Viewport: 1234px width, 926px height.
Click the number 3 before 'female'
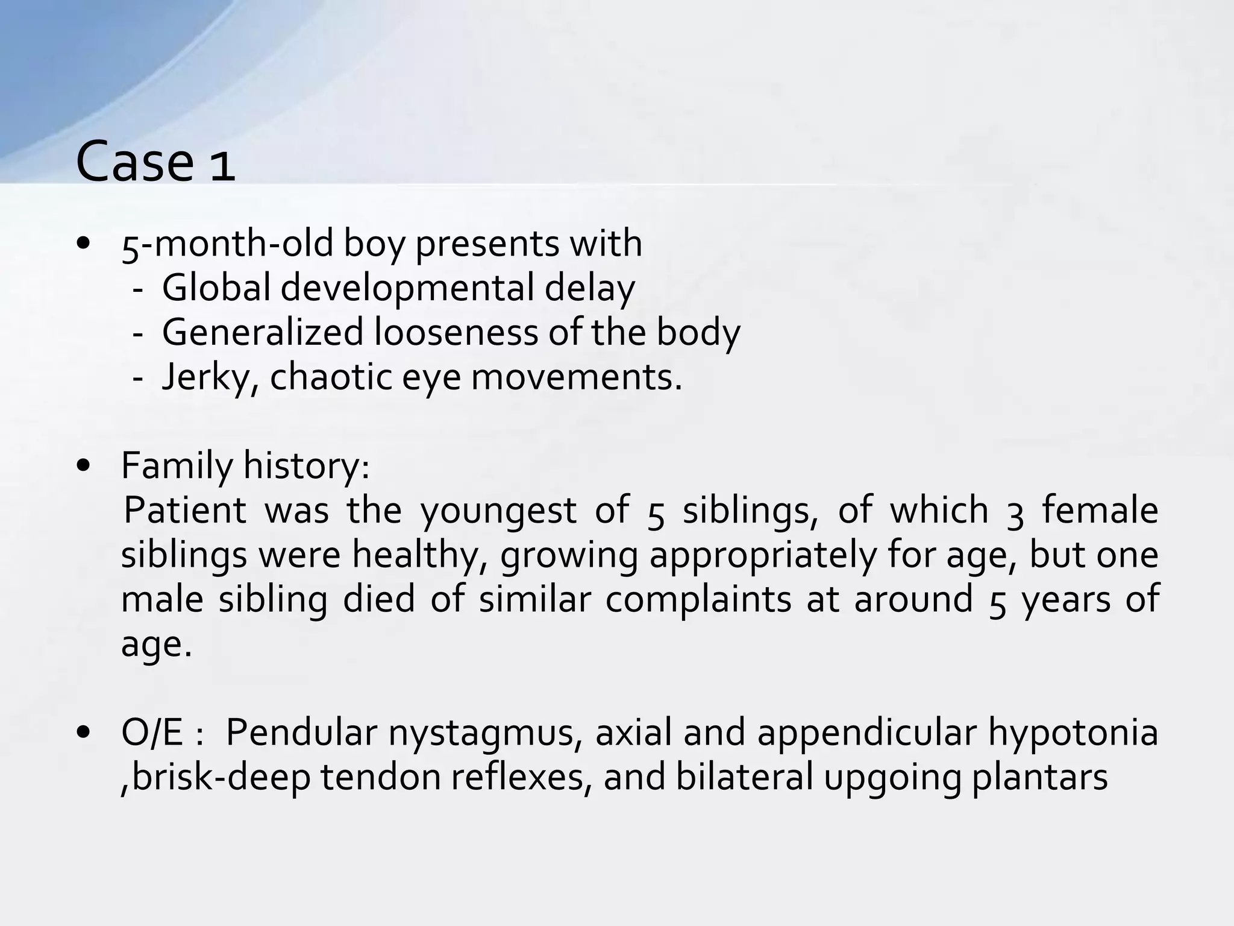(x=1015, y=512)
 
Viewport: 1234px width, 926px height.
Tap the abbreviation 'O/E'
(x=152, y=733)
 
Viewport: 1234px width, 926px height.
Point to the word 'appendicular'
(x=866, y=734)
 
